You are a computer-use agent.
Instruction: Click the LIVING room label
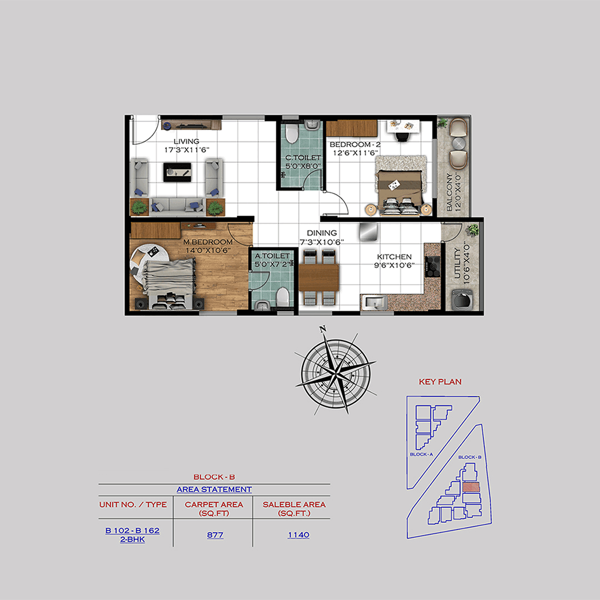tap(186, 142)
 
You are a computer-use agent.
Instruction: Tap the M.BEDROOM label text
tap(209, 242)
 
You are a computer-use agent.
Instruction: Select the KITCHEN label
tap(394, 257)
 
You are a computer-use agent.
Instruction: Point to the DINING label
tap(322, 233)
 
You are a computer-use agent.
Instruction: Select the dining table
tap(319, 277)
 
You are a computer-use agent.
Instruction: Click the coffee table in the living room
tap(178, 172)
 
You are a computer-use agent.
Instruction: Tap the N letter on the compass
tap(323, 331)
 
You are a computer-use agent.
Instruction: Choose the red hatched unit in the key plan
tap(470, 487)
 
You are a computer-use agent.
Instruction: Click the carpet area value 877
tap(214, 535)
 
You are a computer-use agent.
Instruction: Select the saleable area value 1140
tap(298, 535)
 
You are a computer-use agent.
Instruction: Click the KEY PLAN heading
tap(440, 382)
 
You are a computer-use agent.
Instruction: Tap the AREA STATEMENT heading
tap(214, 489)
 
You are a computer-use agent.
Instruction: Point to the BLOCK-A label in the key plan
tap(422, 454)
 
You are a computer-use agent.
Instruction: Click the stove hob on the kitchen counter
tap(432, 266)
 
